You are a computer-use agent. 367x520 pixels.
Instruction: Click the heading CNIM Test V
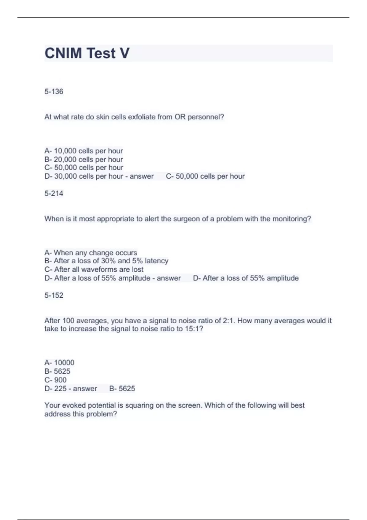click(87, 53)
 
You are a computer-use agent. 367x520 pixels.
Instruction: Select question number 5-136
click(54, 91)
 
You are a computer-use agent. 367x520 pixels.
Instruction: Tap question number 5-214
click(54, 193)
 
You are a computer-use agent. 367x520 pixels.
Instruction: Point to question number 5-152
click(54, 295)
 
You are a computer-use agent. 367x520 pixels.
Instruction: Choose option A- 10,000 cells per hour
click(83, 151)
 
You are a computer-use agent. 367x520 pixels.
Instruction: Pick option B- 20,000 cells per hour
click(83, 159)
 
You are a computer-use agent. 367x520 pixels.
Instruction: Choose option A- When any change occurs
click(91, 253)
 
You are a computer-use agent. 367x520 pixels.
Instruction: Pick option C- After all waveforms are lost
click(94, 269)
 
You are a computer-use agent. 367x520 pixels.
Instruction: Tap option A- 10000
click(59, 362)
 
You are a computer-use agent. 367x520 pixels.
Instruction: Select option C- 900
click(55, 380)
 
